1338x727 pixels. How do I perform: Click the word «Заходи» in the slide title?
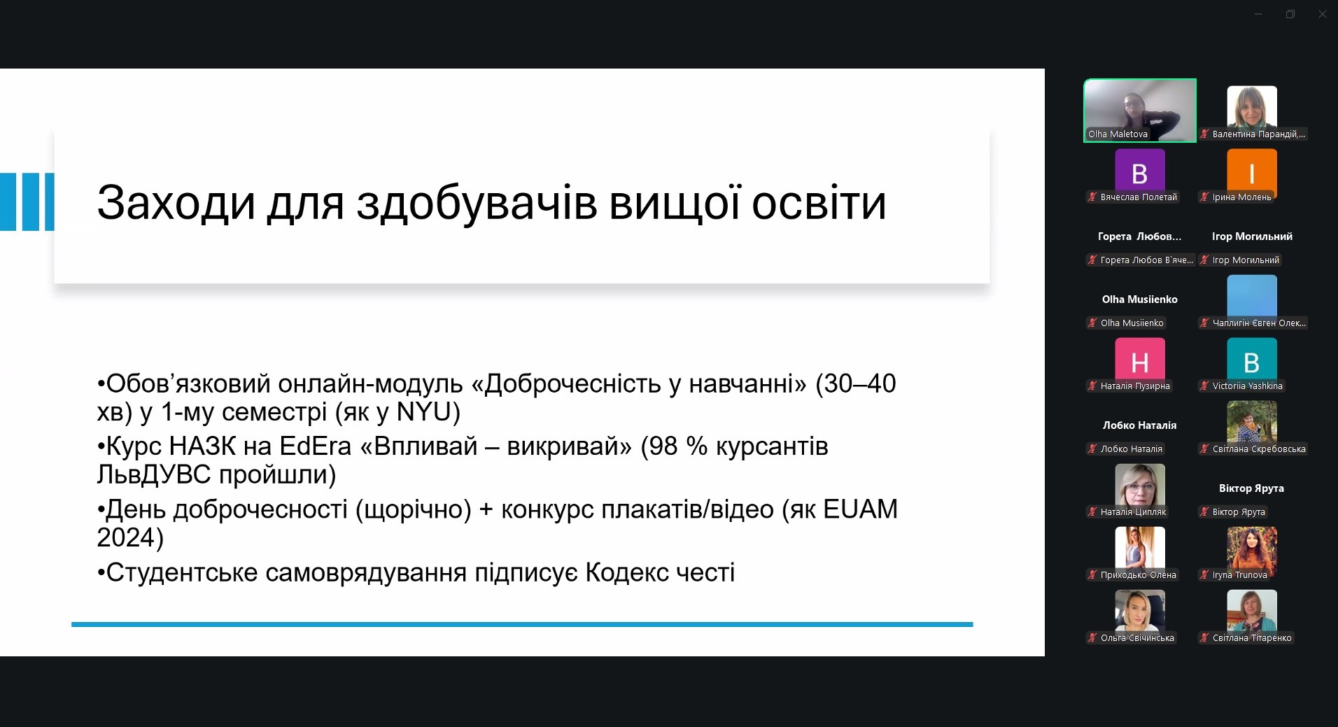(x=176, y=203)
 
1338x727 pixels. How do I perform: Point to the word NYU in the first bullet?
(x=424, y=411)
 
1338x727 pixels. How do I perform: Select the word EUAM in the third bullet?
(x=860, y=509)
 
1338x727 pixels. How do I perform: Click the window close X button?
(x=1322, y=14)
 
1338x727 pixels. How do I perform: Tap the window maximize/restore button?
(x=1290, y=14)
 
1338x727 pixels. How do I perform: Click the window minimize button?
(x=1258, y=14)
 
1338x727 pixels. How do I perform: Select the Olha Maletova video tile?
(x=1140, y=111)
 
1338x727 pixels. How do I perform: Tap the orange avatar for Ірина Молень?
(x=1252, y=172)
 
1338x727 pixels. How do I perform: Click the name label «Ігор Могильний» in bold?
(x=1252, y=237)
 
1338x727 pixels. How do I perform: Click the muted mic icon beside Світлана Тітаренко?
(x=1204, y=637)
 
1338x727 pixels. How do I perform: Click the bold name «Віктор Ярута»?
(x=1251, y=488)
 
